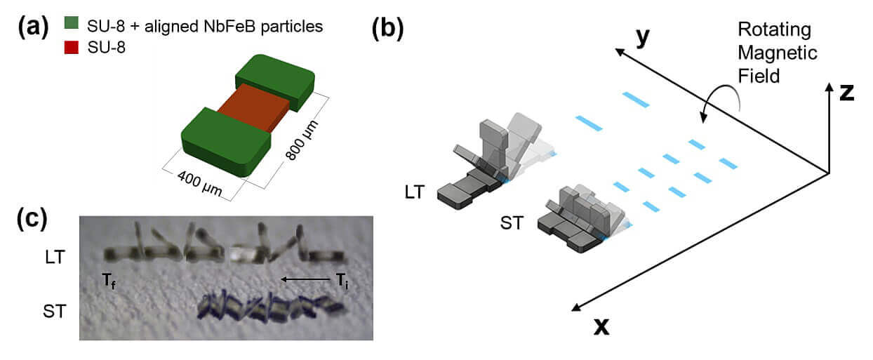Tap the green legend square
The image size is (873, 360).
tap(71, 26)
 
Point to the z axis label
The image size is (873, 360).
tap(845, 92)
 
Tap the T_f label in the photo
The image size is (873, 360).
tap(107, 281)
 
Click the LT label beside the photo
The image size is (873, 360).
tap(53, 257)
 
